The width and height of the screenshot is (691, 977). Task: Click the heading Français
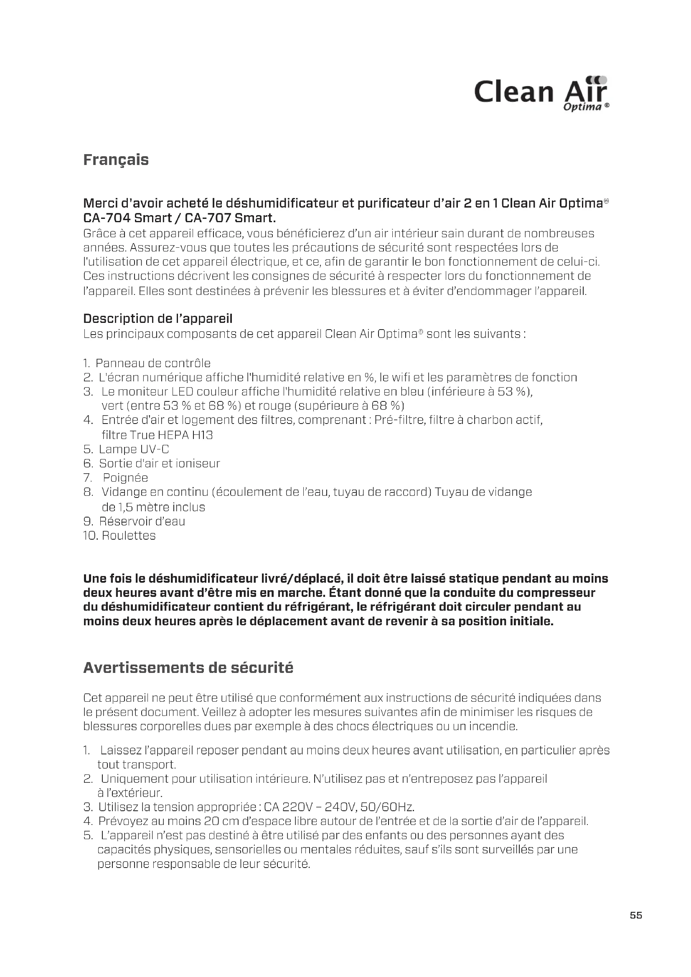point(116,160)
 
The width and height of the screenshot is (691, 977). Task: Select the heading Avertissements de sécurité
point(188,667)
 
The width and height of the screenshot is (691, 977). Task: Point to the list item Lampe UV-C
point(134,449)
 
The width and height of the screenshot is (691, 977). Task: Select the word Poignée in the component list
point(125,477)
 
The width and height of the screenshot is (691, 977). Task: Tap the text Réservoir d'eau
point(142,521)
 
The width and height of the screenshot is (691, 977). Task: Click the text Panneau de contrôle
point(153,363)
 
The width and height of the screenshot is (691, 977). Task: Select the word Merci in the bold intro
point(101,203)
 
